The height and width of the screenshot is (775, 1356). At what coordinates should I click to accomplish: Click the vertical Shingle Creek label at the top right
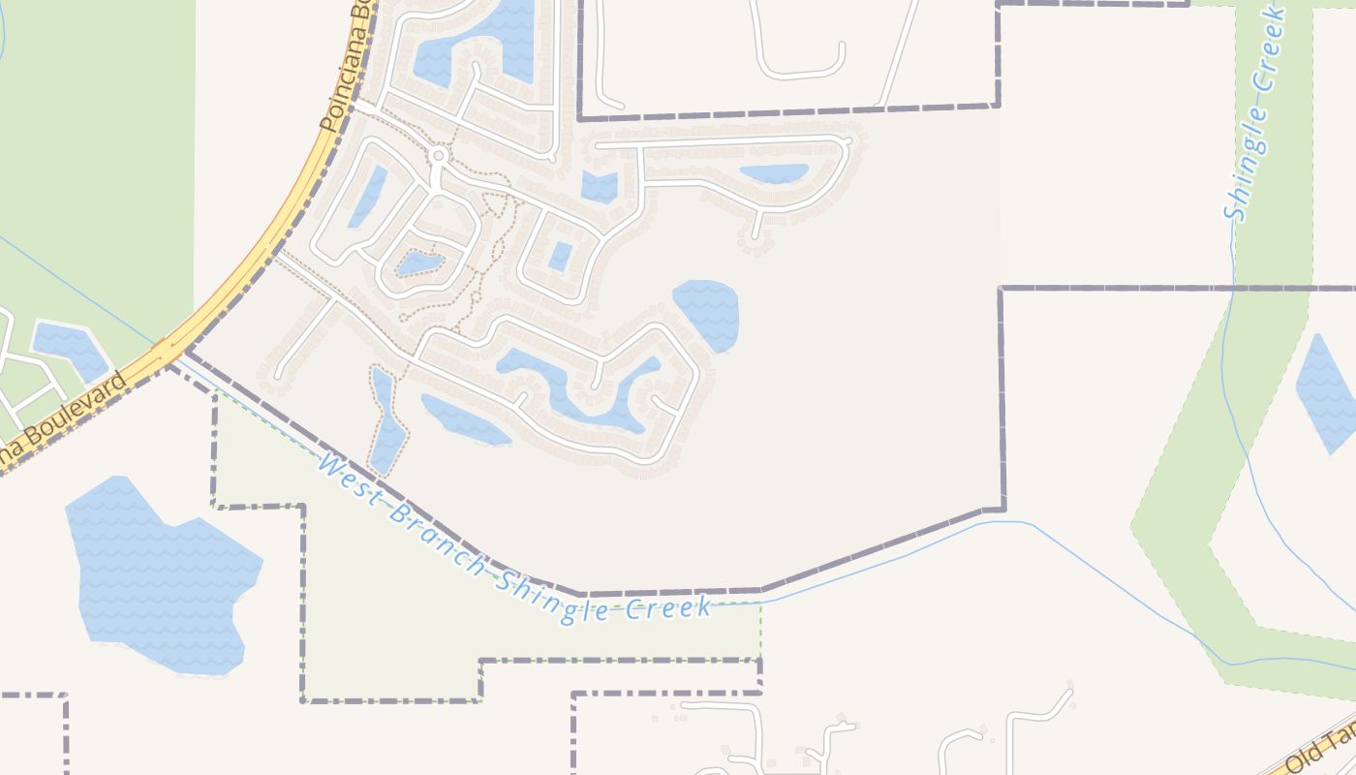tap(1256, 114)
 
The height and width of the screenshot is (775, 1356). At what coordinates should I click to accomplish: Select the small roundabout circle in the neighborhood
tap(438, 155)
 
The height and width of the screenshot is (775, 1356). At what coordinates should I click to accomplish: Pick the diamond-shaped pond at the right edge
tap(1328, 391)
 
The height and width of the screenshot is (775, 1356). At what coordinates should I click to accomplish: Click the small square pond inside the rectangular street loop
tap(560, 256)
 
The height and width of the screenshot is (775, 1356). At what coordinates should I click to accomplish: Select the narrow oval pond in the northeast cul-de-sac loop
tap(773, 173)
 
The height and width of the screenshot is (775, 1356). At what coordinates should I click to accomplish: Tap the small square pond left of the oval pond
tap(600, 186)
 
